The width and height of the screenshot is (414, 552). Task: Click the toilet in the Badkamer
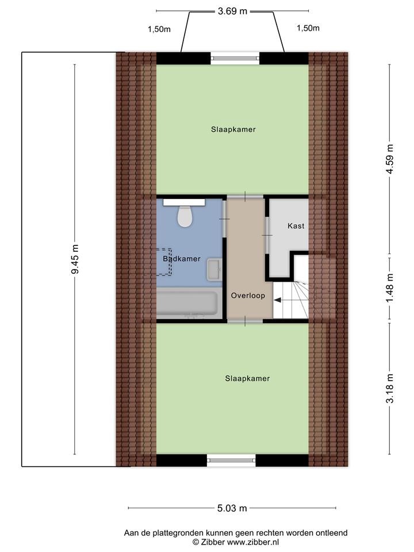tap(184, 213)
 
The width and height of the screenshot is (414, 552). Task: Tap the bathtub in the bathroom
tap(187, 303)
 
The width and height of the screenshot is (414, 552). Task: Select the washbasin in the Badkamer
tap(214, 269)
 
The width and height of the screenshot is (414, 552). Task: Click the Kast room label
tap(296, 225)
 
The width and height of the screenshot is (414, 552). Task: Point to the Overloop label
tap(248, 296)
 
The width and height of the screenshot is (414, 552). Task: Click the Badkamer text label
tap(182, 259)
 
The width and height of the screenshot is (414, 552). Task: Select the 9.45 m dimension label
tap(75, 259)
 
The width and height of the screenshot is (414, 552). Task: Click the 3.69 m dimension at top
tap(232, 11)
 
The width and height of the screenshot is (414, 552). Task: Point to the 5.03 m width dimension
tap(232, 508)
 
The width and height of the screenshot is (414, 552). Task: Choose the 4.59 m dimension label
tap(390, 159)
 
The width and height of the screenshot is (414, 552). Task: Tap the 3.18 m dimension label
tap(390, 388)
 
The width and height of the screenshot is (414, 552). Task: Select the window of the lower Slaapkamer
tap(231, 460)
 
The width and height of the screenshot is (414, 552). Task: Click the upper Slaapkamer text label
tap(233, 129)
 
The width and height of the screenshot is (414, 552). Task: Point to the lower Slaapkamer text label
tap(247, 378)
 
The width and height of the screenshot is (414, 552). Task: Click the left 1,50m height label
tap(159, 29)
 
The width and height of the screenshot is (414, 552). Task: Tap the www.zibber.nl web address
tap(253, 542)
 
